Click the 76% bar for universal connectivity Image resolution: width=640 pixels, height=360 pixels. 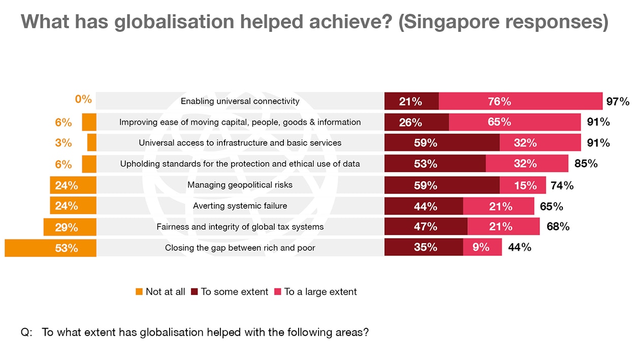coord(521,101)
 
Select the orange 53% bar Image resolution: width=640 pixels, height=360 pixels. coord(50,248)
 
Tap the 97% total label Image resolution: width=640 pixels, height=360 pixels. coord(618,101)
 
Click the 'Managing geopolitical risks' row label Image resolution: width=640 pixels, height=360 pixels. coord(240,185)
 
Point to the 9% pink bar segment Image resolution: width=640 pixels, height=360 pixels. coord(482,247)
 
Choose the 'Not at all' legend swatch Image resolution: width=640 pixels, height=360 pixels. coord(139,292)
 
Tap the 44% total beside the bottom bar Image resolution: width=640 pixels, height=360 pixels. coord(519,247)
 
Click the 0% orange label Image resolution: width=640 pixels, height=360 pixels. coord(83,99)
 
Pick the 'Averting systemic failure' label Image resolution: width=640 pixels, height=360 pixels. coord(240,206)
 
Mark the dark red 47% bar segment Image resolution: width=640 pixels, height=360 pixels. coord(426,226)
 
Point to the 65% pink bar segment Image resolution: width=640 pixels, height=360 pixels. coord(515,122)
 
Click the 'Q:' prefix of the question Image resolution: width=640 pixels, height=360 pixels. coord(26,333)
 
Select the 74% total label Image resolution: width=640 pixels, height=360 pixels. coord(562,185)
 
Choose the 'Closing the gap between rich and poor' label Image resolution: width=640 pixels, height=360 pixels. coord(240,248)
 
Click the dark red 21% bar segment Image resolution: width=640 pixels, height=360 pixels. coord(411,101)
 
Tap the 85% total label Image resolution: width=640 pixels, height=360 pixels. coord(586,163)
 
